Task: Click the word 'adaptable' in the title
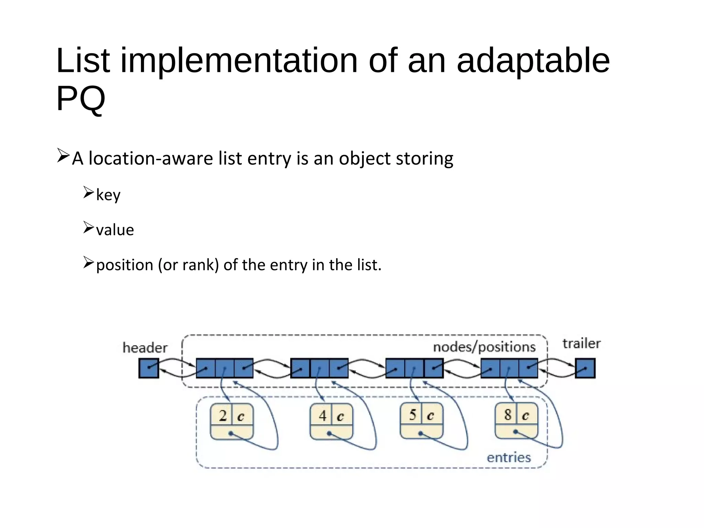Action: click(x=533, y=61)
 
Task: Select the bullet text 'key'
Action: click(x=108, y=195)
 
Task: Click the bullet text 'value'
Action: click(x=115, y=230)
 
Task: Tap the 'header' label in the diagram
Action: click(x=145, y=348)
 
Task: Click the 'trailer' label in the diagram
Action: click(x=581, y=343)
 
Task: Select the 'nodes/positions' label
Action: click(x=484, y=347)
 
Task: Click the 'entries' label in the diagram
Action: click(x=509, y=458)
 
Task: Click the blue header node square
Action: click(x=148, y=368)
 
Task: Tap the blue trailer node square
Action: click(x=585, y=368)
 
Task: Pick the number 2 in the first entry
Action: click(x=223, y=416)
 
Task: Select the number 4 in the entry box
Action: click(x=322, y=416)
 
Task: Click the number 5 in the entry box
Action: click(x=412, y=415)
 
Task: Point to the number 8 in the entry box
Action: click(x=508, y=415)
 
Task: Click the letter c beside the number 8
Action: click(x=525, y=416)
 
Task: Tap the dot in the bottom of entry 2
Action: click(x=231, y=433)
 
